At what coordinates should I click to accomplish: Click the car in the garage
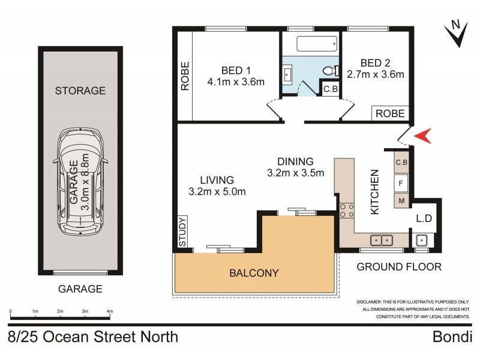pyautogui.click(x=80, y=181)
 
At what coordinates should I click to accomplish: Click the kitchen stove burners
pyautogui.click(x=346, y=211)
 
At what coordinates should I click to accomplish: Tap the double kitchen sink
pyautogui.click(x=380, y=240)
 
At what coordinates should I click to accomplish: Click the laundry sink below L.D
pyautogui.click(x=421, y=240)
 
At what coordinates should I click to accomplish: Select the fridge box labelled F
pyautogui.click(x=401, y=181)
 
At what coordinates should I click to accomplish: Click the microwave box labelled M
pyautogui.click(x=401, y=200)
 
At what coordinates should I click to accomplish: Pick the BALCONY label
pyautogui.click(x=254, y=273)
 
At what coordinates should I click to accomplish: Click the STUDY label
pyautogui.click(x=182, y=231)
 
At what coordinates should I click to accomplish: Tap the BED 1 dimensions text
pyautogui.click(x=236, y=82)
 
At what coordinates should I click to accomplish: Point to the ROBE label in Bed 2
pyautogui.click(x=391, y=113)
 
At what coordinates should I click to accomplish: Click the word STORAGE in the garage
pyautogui.click(x=80, y=91)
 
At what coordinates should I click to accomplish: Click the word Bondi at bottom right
pyautogui.click(x=452, y=337)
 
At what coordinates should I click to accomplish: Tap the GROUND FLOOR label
pyautogui.click(x=399, y=266)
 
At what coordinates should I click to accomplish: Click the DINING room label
pyautogui.click(x=295, y=161)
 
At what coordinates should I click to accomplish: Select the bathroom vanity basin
pyautogui.click(x=287, y=76)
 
